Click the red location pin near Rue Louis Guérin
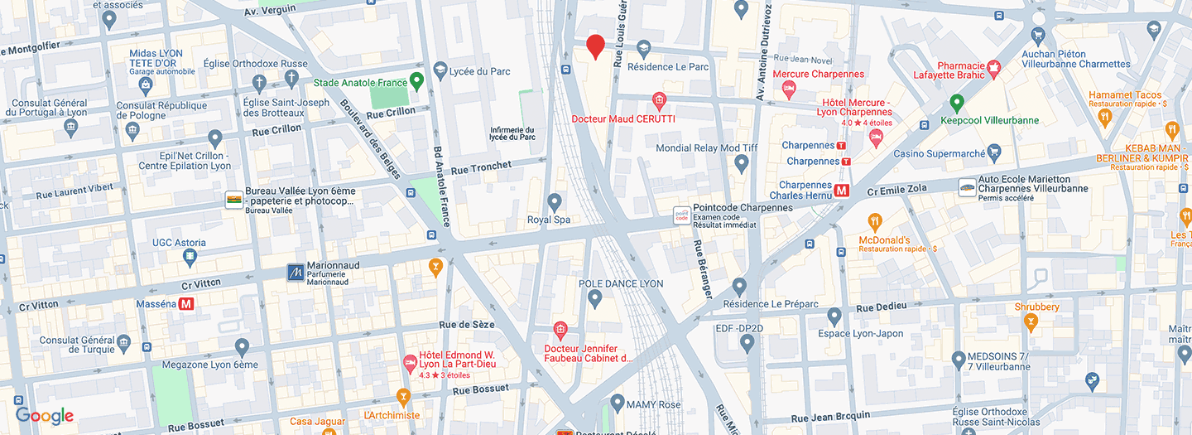(595, 46)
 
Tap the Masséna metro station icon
(186, 304)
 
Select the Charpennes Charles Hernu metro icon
(842, 191)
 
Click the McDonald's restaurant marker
(875, 221)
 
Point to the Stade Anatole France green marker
(417, 81)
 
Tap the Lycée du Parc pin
(440, 70)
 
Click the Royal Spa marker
(555, 201)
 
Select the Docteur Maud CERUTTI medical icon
(659, 101)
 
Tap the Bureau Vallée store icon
(234, 200)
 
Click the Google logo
(45, 416)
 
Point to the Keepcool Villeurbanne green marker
(957, 104)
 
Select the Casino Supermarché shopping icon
(994, 153)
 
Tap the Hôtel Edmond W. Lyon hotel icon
(409, 362)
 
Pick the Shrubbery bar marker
(1030, 321)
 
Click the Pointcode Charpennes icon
(681, 215)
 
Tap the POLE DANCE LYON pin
(594, 298)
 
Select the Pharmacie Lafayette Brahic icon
(994, 65)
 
